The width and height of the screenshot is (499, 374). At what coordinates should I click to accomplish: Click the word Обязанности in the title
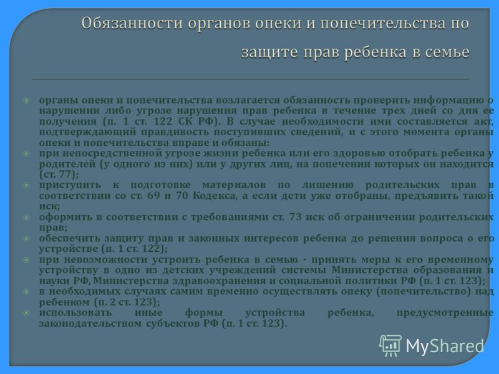[x=132, y=24]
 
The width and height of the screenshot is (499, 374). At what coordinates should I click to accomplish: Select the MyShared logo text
[x=445, y=346]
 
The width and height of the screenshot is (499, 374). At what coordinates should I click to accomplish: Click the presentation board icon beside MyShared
[x=390, y=346]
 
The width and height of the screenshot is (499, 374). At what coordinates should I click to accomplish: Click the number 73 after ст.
[x=295, y=217]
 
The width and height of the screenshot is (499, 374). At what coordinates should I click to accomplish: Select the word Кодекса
[x=215, y=196]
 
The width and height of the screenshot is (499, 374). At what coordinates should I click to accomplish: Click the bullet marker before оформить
[x=26, y=217]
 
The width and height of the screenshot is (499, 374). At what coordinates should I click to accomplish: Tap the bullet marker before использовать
[x=26, y=313]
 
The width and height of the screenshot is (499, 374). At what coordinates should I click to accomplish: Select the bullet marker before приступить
[x=26, y=185]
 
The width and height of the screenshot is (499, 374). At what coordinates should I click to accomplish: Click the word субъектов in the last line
[x=173, y=324]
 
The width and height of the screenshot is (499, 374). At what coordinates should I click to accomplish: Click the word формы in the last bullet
[x=204, y=313]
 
